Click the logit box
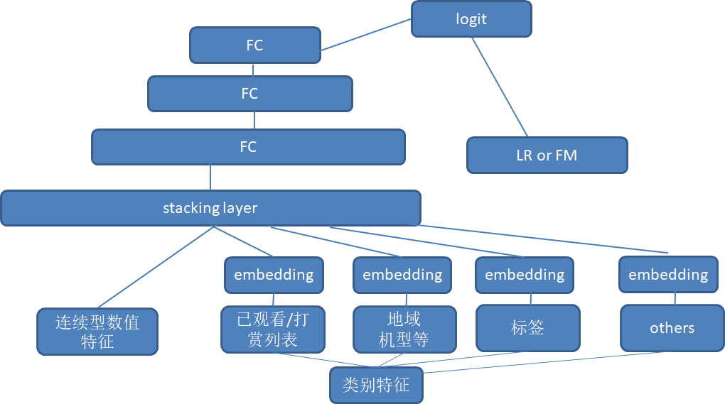pos(472,19)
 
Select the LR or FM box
pos(547,155)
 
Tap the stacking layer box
pos(211,208)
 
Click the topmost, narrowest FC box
pos(255,45)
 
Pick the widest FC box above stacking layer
pos(248,147)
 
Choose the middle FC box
pos(250,94)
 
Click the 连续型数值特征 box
pos(97,332)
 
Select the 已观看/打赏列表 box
pos(273,329)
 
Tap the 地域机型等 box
pos(404,329)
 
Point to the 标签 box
pos(528,328)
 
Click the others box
pos(672,328)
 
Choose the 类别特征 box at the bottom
pos(377,385)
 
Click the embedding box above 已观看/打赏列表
pos(274,275)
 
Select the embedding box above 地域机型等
pos(402,275)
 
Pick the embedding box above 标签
pos(525,275)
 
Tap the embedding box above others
pos(669,275)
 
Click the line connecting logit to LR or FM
pos(500,87)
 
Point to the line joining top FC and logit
pos(366,35)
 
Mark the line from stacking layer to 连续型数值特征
pos(156,268)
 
